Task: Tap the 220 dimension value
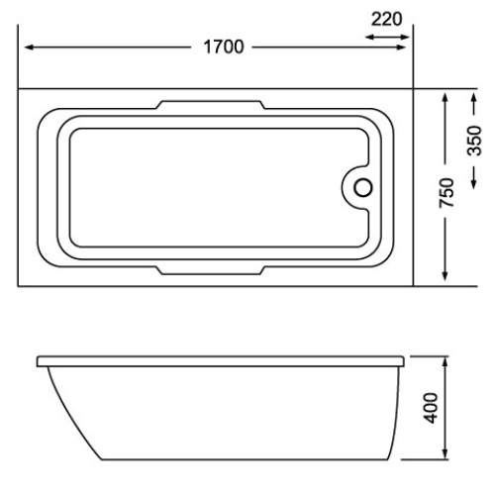click(x=387, y=17)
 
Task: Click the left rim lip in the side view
click(x=42, y=365)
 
